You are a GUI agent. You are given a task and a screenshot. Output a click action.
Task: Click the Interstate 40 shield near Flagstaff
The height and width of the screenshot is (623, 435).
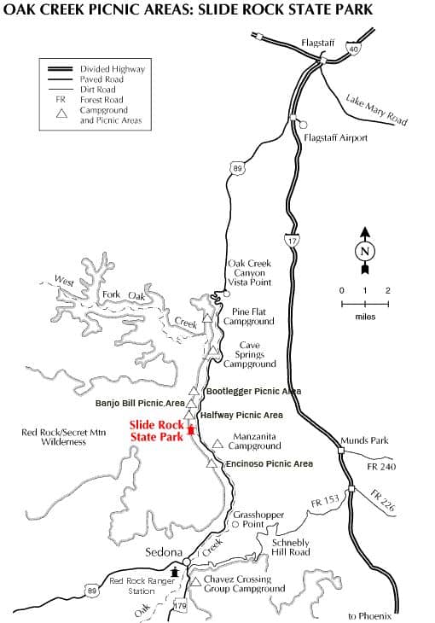pos(353,49)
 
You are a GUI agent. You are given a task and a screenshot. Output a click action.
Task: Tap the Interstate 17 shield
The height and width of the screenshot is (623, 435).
pos(292,241)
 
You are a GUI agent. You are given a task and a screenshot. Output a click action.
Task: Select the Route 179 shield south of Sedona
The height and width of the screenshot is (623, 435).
pos(180,606)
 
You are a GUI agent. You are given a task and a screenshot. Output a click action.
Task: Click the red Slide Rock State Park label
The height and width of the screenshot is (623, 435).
pos(157,431)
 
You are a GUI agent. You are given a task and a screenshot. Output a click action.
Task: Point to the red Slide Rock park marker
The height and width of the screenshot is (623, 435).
pos(191,430)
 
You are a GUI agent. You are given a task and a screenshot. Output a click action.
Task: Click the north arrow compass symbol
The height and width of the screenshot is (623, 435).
pos(365,250)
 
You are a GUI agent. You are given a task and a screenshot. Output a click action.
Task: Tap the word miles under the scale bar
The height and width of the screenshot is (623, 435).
pos(365,317)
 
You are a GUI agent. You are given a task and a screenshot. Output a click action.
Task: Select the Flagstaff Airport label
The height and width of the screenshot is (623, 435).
pos(335,138)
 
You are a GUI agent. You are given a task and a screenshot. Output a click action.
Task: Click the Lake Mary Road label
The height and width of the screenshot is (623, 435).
pos(376,109)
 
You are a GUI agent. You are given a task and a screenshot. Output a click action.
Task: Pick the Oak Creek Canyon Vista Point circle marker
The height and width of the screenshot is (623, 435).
pos(226,294)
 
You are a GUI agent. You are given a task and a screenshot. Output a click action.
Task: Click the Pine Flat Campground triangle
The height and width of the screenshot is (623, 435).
pos(207,317)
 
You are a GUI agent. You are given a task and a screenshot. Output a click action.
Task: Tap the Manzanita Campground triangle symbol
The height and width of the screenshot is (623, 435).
pos(217,444)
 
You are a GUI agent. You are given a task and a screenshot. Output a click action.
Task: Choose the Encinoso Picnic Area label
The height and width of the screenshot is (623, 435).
pos(270,463)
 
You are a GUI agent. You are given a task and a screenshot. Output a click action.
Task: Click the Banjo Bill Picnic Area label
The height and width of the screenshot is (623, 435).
pos(140,404)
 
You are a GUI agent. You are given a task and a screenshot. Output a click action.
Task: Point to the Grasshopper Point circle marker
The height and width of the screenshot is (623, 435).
pos(235,525)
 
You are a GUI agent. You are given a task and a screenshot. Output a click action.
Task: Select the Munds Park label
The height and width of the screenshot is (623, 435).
pos(364,440)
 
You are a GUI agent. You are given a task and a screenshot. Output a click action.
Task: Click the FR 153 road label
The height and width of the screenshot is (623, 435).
pos(325,501)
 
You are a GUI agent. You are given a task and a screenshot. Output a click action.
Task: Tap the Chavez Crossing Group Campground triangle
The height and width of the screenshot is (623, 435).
pos(195,582)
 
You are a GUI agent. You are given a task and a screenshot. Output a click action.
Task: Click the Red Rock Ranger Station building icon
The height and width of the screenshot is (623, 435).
pos(174,573)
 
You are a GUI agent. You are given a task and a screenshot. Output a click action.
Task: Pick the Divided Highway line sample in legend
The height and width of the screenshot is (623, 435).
pos(60,69)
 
